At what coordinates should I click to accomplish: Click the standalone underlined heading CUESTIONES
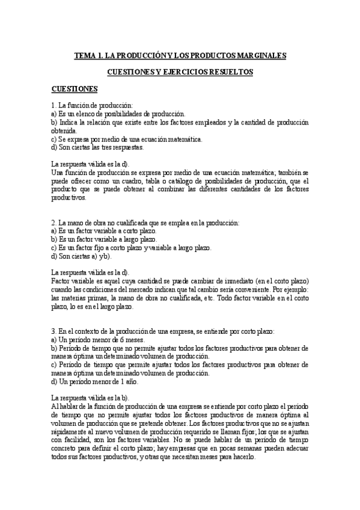(75, 89)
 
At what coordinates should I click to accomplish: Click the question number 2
(53, 222)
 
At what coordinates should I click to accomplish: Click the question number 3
(53, 331)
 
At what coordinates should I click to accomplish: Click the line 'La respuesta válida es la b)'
(90, 398)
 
